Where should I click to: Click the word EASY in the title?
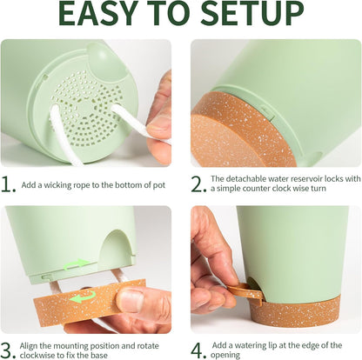point(98,13)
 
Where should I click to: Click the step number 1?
point(8,184)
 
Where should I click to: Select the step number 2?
point(198,184)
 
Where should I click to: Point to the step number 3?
point(8,350)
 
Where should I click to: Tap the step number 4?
point(198,350)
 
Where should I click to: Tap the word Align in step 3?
point(29,346)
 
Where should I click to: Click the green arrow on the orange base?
point(84,297)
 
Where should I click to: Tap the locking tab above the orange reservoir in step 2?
point(267,111)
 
